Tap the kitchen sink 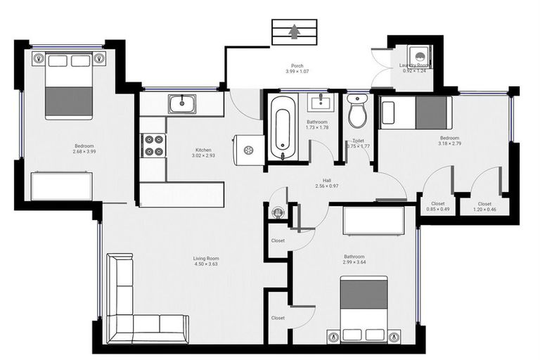tap(182, 104)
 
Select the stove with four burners tap(153, 145)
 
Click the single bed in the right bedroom tap(415, 112)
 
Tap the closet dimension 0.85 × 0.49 tap(438, 209)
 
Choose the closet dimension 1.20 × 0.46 tap(484, 209)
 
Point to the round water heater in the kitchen tap(248, 150)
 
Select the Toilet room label tap(358, 141)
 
